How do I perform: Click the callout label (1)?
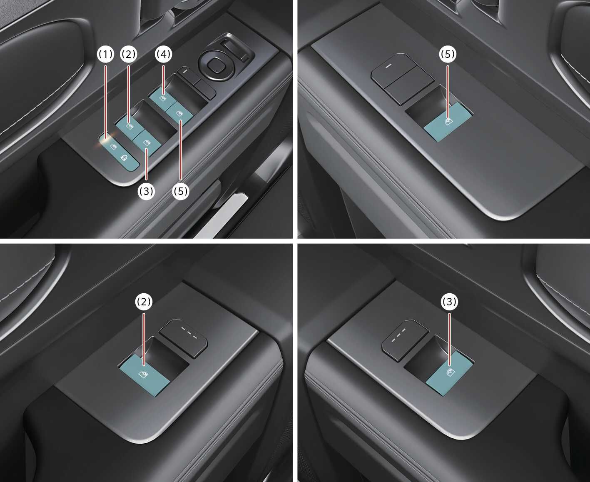point(105,54)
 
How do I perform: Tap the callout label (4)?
point(163,54)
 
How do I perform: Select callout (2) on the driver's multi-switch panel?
point(129,54)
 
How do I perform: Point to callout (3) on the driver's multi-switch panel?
point(146,191)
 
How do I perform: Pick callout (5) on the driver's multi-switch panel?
point(181,191)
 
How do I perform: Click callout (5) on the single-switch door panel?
point(448,54)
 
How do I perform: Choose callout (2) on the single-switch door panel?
point(144,302)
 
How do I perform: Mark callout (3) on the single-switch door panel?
point(450,302)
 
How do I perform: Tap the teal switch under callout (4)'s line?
point(162,97)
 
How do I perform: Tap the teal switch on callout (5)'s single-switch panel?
point(448,121)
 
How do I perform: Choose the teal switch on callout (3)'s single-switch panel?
point(449,374)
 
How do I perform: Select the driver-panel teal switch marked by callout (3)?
point(147,143)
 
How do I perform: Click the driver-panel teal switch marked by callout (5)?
point(179,113)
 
